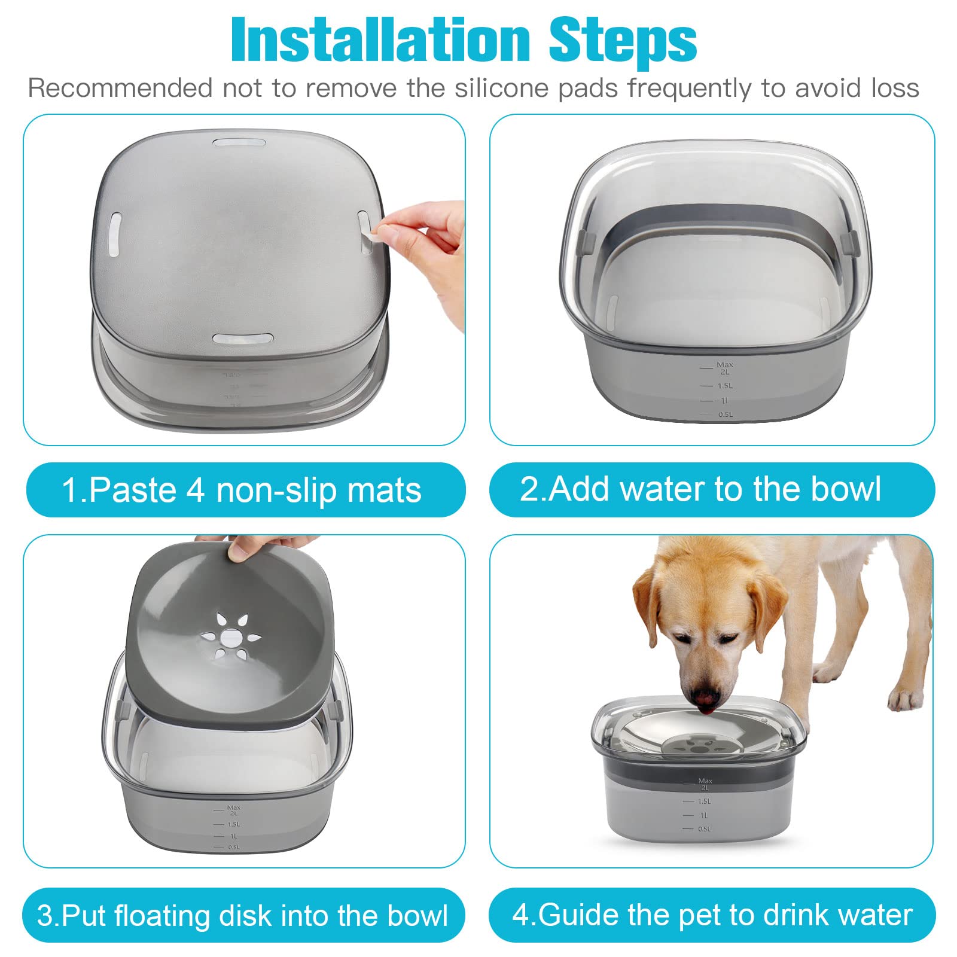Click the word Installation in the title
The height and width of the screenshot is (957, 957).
coord(380,41)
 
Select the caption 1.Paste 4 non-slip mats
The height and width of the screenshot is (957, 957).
coord(242,490)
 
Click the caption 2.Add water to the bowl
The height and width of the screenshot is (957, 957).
coord(700,489)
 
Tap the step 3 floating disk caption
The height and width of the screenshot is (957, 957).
coord(242,916)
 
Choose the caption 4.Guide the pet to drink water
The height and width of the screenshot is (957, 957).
coord(712,915)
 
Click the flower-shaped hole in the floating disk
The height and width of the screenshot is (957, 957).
coord(230,638)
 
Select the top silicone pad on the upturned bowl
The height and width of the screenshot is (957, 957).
coord(239,144)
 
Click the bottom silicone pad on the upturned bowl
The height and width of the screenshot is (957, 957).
coord(242,339)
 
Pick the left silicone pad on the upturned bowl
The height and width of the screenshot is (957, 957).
coord(115,234)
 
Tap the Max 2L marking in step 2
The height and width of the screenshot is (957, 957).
coord(724,368)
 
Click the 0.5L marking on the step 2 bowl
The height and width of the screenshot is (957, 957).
coord(725,415)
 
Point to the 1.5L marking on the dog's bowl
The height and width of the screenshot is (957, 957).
coord(704,801)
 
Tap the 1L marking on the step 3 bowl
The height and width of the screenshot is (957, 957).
coord(233,836)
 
